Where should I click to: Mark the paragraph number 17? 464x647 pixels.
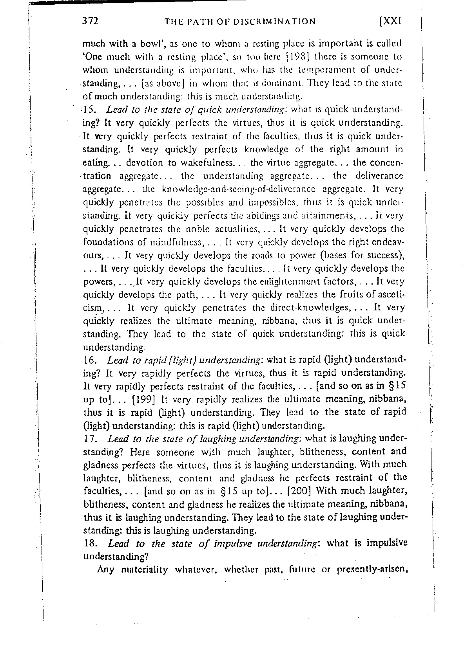(91, 439)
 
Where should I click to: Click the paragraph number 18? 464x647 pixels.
(91, 544)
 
